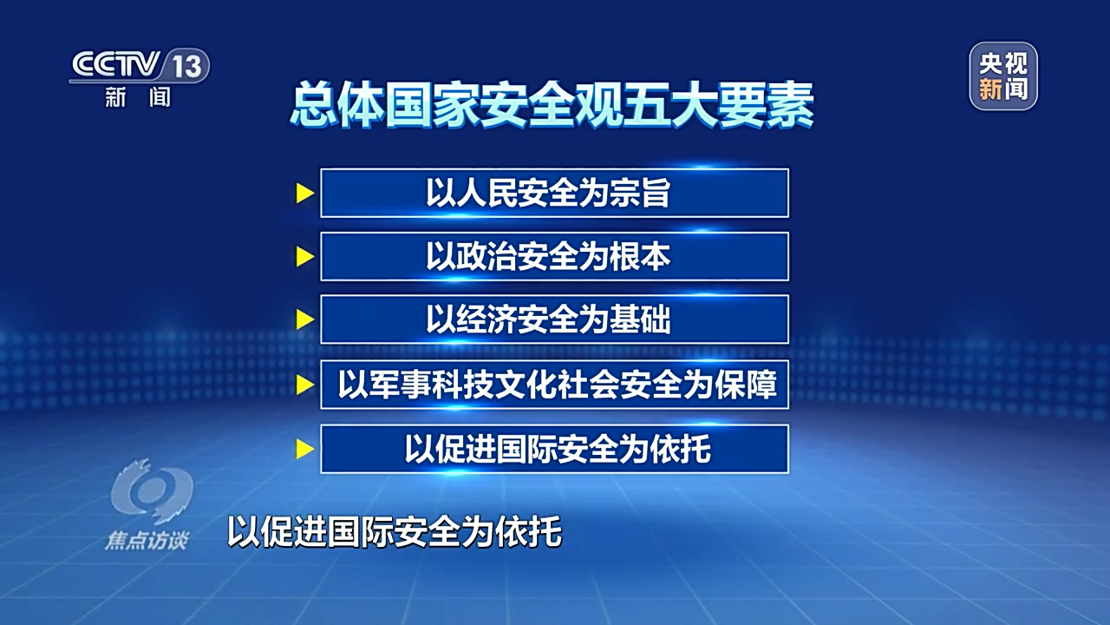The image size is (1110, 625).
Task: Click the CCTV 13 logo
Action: [x=140, y=77]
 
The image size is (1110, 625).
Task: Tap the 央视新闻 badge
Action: [x=1003, y=76]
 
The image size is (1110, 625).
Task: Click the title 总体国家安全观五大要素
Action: [x=552, y=105]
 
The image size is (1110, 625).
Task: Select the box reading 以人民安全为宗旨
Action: [x=554, y=193]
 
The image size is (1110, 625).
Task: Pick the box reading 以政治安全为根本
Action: [x=554, y=256]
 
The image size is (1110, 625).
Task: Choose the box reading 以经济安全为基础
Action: [x=554, y=319]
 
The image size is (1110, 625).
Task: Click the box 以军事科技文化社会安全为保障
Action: [x=554, y=385]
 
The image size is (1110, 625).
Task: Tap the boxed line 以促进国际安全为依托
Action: [x=554, y=449]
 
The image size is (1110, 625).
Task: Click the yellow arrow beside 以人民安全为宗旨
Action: [x=304, y=194]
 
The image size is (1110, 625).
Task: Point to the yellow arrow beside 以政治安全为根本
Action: [x=304, y=257]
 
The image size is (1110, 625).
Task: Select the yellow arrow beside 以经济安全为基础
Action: [x=304, y=320]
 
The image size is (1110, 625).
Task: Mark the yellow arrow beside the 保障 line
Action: [x=304, y=385]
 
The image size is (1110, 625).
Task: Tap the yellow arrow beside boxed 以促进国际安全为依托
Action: [x=304, y=449]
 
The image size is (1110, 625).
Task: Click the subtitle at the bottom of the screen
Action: [x=395, y=532]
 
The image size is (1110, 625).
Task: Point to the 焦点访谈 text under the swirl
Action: [x=147, y=541]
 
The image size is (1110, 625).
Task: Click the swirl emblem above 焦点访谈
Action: [x=151, y=491]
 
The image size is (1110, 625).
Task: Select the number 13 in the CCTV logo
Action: [x=188, y=67]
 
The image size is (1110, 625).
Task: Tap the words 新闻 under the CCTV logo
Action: [x=138, y=97]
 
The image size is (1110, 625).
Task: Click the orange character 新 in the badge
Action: [x=990, y=89]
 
